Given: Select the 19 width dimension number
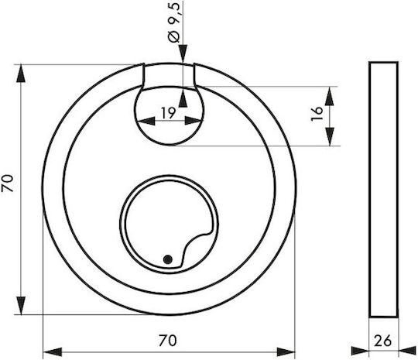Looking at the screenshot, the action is pos(169,113).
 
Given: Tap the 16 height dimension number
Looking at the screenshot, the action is pos(317,113).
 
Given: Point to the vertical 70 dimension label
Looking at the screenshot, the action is pos(8,183).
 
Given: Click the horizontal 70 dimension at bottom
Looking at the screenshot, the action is pos(167,341).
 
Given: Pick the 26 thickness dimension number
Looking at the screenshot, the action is pos(383,341).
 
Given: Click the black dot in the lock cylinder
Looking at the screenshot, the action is pos(168,259).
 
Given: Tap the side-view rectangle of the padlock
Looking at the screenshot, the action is pos(384,190).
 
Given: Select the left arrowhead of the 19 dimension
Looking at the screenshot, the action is pos(146,121).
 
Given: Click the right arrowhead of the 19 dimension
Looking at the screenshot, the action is pos(194,121).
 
